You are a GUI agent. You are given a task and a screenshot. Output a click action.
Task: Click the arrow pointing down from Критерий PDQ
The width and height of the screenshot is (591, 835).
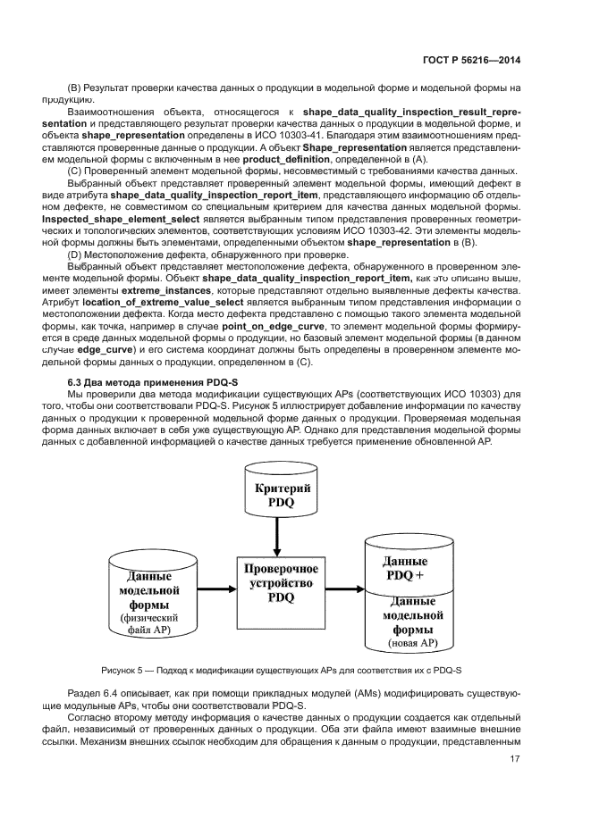tap(277, 536)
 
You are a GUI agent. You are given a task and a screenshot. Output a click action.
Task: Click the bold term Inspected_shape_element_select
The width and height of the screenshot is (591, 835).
tap(137, 230)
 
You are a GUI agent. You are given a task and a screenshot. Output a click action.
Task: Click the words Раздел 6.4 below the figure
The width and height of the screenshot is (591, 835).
tap(94, 694)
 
